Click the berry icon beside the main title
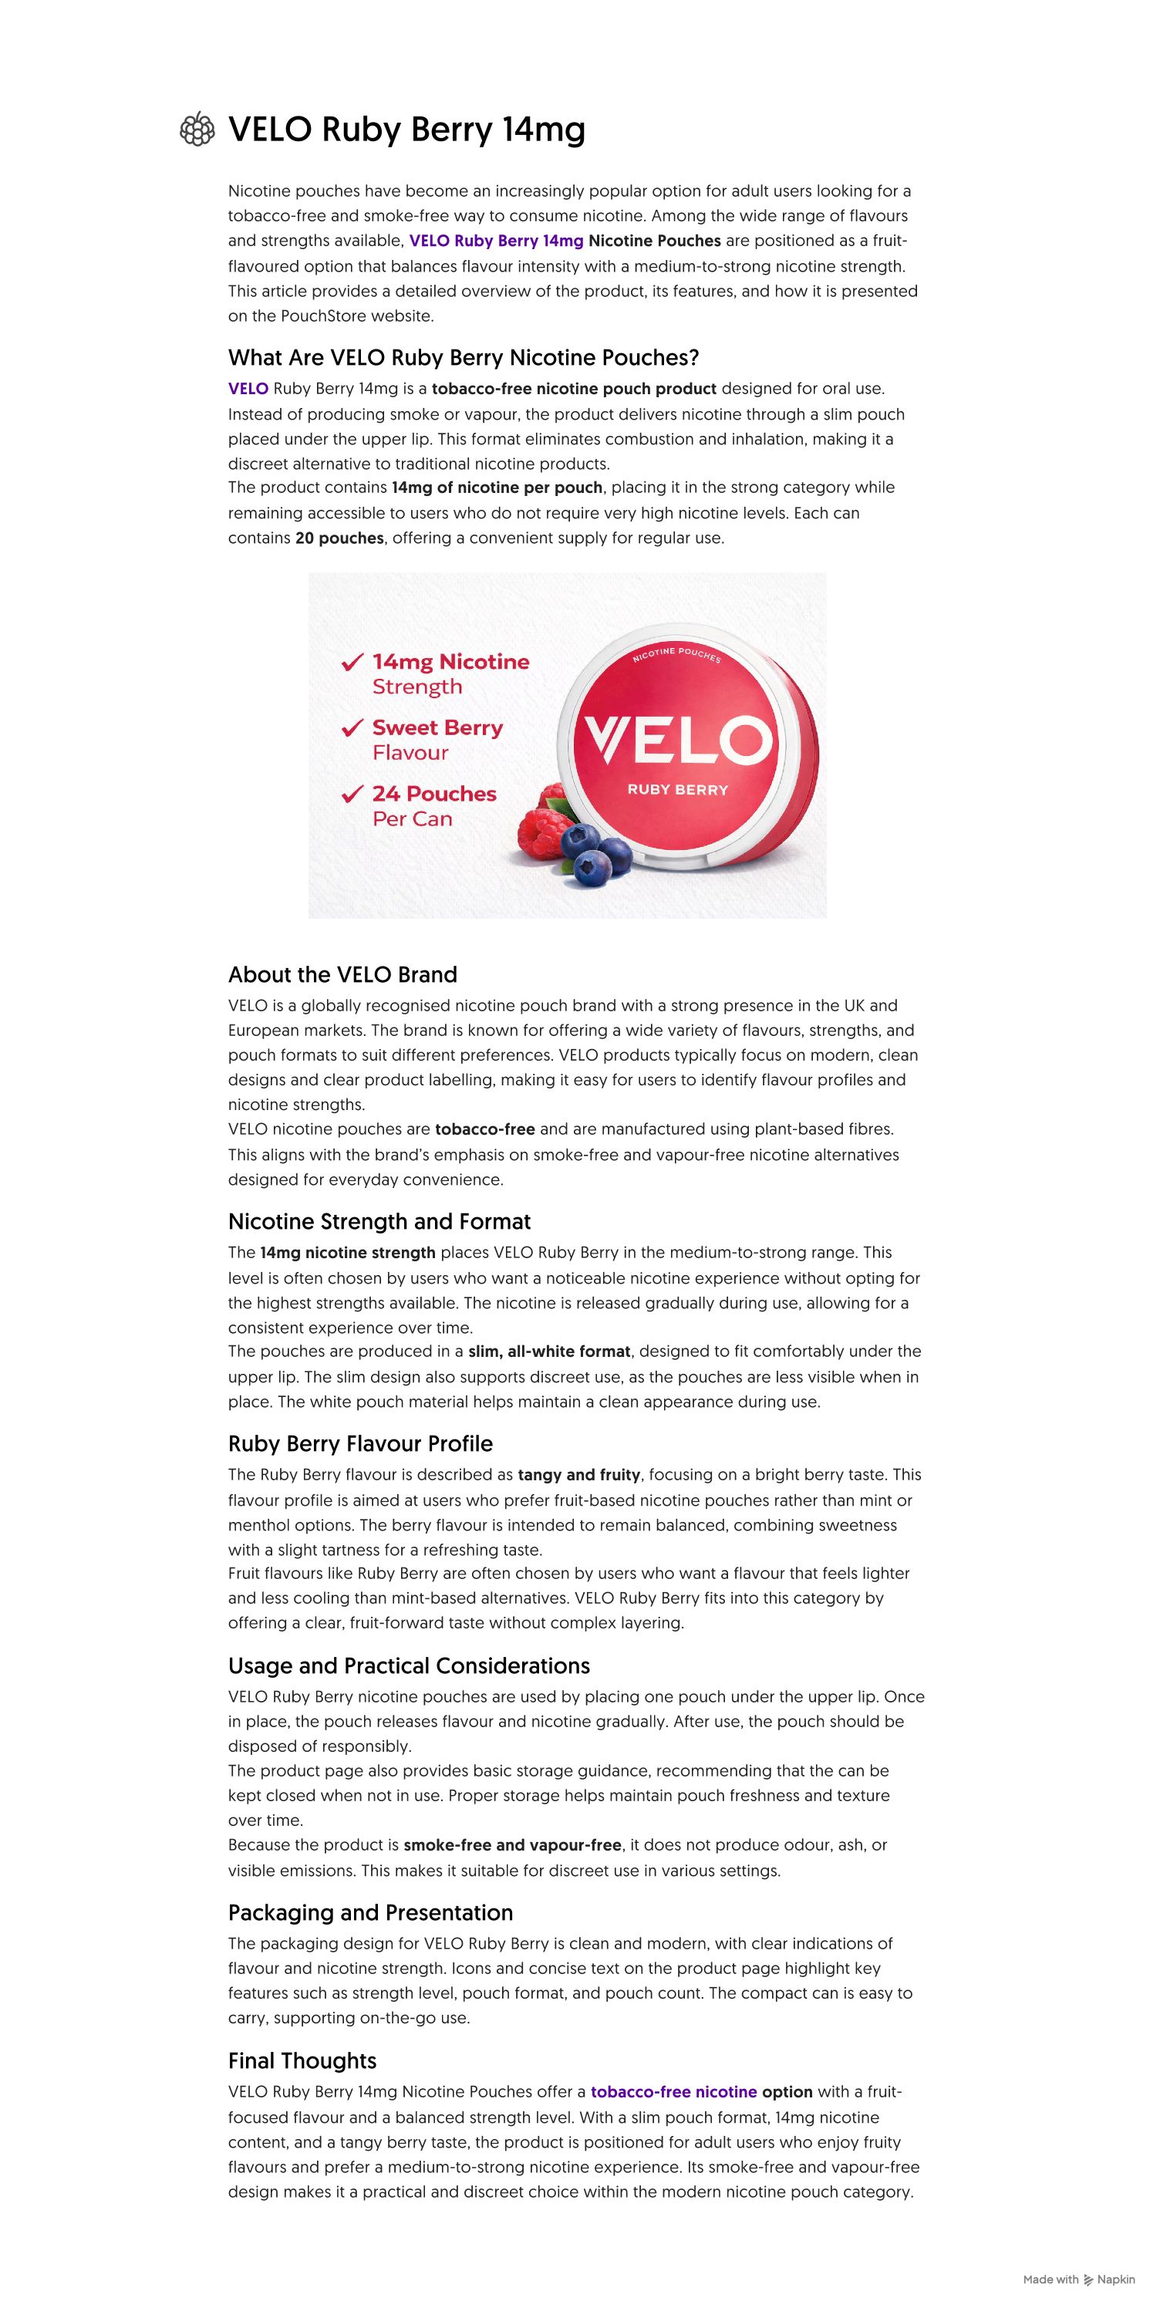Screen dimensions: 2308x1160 point(197,130)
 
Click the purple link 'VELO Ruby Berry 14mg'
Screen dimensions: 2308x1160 point(495,241)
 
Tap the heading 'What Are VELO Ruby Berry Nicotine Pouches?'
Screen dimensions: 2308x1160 point(463,359)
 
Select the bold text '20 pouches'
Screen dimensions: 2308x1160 point(339,538)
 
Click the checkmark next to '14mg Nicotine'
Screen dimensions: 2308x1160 point(352,663)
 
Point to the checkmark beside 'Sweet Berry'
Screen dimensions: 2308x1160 point(352,728)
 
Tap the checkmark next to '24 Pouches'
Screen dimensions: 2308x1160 point(352,795)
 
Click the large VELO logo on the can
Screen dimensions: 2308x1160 point(677,740)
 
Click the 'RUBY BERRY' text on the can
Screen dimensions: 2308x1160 point(677,790)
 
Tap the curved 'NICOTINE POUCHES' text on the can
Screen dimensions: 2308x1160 point(676,655)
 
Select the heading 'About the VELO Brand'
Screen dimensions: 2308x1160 point(342,975)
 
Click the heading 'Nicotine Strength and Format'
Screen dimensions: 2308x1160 point(379,1222)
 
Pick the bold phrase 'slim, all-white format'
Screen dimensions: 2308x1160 point(549,1352)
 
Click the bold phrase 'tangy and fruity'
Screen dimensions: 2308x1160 point(578,1475)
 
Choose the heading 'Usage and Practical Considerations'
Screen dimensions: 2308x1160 point(409,1666)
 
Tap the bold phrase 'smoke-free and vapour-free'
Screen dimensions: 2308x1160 point(512,1846)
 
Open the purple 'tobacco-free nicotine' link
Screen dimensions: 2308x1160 point(673,2092)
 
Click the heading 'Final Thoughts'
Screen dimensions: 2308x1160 point(302,2060)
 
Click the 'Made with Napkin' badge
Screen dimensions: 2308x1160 point(1078,2279)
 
